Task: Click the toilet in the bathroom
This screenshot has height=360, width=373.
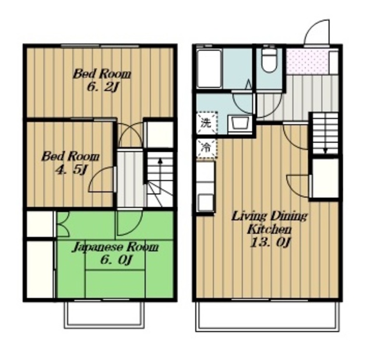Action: [269, 61]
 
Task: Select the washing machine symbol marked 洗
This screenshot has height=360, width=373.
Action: [207, 123]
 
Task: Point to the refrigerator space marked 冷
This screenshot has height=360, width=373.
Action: [207, 149]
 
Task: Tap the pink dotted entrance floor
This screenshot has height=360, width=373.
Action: [307, 62]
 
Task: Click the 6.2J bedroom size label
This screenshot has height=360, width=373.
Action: [103, 88]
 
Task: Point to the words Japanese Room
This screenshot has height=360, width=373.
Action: [115, 247]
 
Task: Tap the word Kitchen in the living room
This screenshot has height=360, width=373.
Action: [269, 230]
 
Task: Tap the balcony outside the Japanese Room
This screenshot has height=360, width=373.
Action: [104, 315]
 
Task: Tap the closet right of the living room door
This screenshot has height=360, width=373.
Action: [325, 178]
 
